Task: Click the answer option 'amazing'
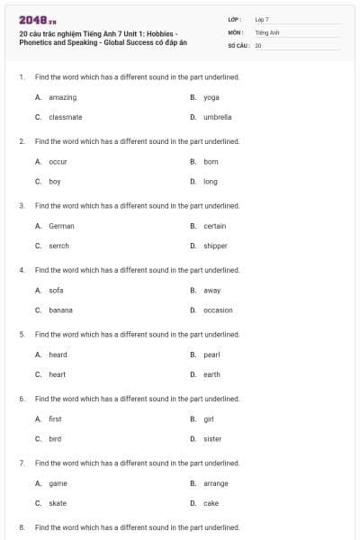[62, 97]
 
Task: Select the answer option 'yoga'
[211, 97]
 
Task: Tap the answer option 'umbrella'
[217, 117]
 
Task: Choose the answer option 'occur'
[58, 162]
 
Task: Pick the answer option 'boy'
[54, 181]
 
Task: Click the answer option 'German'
[61, 226]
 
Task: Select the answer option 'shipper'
[215, 246]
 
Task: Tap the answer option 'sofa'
[56, 291]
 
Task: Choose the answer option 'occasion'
[218, 310]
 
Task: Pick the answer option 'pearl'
[211, 355]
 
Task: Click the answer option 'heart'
[57, 374]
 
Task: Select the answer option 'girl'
[208, 419]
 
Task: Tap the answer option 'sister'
[212, 439]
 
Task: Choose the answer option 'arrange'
[216, 483]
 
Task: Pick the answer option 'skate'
[58, 503]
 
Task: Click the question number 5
[22, 334]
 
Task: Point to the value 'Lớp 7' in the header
[262, 19]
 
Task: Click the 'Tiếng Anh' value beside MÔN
[267, 31]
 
